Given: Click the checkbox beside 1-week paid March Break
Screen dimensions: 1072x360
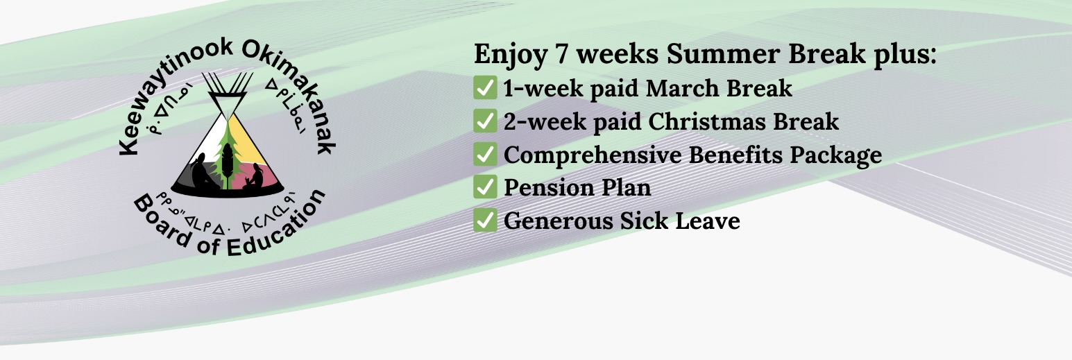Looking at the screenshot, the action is coord(485,87).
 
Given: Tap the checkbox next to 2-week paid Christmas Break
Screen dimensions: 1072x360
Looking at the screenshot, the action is coord(485,121).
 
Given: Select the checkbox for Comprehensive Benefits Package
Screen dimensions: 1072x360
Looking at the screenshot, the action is coord(485,154).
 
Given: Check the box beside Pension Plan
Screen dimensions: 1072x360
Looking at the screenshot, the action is coord(485,187).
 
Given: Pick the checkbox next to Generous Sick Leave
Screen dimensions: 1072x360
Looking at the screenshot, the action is coord(485,220).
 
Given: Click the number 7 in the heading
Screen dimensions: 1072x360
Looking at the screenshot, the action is coord(561,53).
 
